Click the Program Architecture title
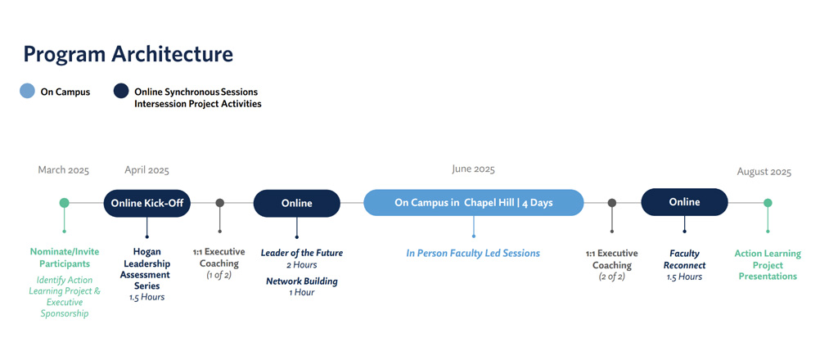128,55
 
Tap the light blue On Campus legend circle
27,92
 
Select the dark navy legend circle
121,92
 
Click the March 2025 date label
64,170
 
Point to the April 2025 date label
147,170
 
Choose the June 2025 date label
474,169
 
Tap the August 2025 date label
764,172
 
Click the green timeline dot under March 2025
64,203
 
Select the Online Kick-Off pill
147,203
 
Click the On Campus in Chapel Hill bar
474,203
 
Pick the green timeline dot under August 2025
768,203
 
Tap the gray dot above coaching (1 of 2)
219,203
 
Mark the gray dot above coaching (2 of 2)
612,203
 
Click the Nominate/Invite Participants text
65,258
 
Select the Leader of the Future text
302,253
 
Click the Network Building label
302,281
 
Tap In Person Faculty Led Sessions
473,253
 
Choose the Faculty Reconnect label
685,259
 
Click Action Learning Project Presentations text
768,265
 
